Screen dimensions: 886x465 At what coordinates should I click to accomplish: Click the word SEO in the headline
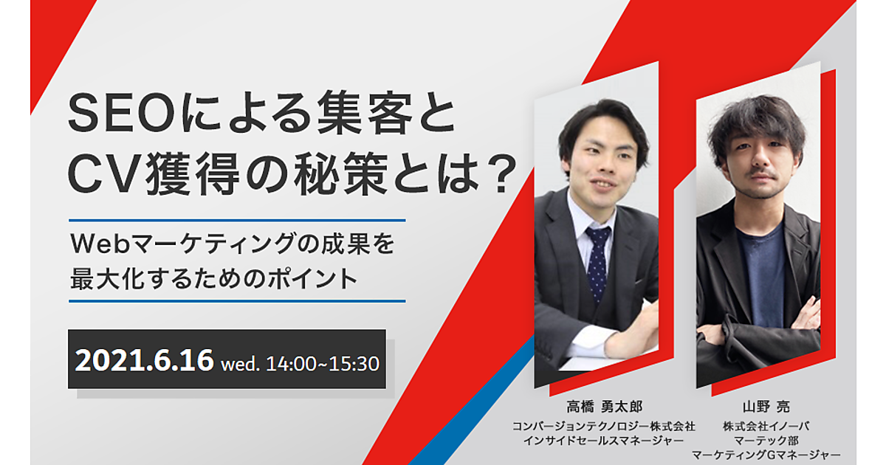pos(122,114)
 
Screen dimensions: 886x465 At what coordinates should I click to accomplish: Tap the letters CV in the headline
pos(104,174)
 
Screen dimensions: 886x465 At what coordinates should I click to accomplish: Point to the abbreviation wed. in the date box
pos(240,364)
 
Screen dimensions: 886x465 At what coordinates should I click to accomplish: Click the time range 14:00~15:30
pos(323,364)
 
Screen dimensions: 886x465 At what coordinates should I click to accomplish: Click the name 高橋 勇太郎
pos(604,407)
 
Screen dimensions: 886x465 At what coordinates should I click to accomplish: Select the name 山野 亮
pos(766,407)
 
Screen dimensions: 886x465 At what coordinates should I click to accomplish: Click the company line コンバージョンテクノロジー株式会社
pos(604,427)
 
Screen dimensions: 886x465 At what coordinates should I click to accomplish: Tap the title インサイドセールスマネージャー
pos(604,441)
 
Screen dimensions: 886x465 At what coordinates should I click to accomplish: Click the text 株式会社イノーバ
pos(766,427)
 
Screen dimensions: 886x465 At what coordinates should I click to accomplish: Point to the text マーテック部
pos(766,441)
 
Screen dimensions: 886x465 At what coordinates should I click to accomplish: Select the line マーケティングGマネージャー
pos(766,455)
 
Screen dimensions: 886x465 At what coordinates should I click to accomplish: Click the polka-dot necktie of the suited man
pos(597,263)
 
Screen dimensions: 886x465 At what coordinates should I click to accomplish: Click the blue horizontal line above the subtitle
pos(237,220)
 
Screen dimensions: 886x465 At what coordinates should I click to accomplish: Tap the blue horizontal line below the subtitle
pos(237,301)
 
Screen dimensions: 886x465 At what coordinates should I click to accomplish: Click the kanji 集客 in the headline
pos(365,114)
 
